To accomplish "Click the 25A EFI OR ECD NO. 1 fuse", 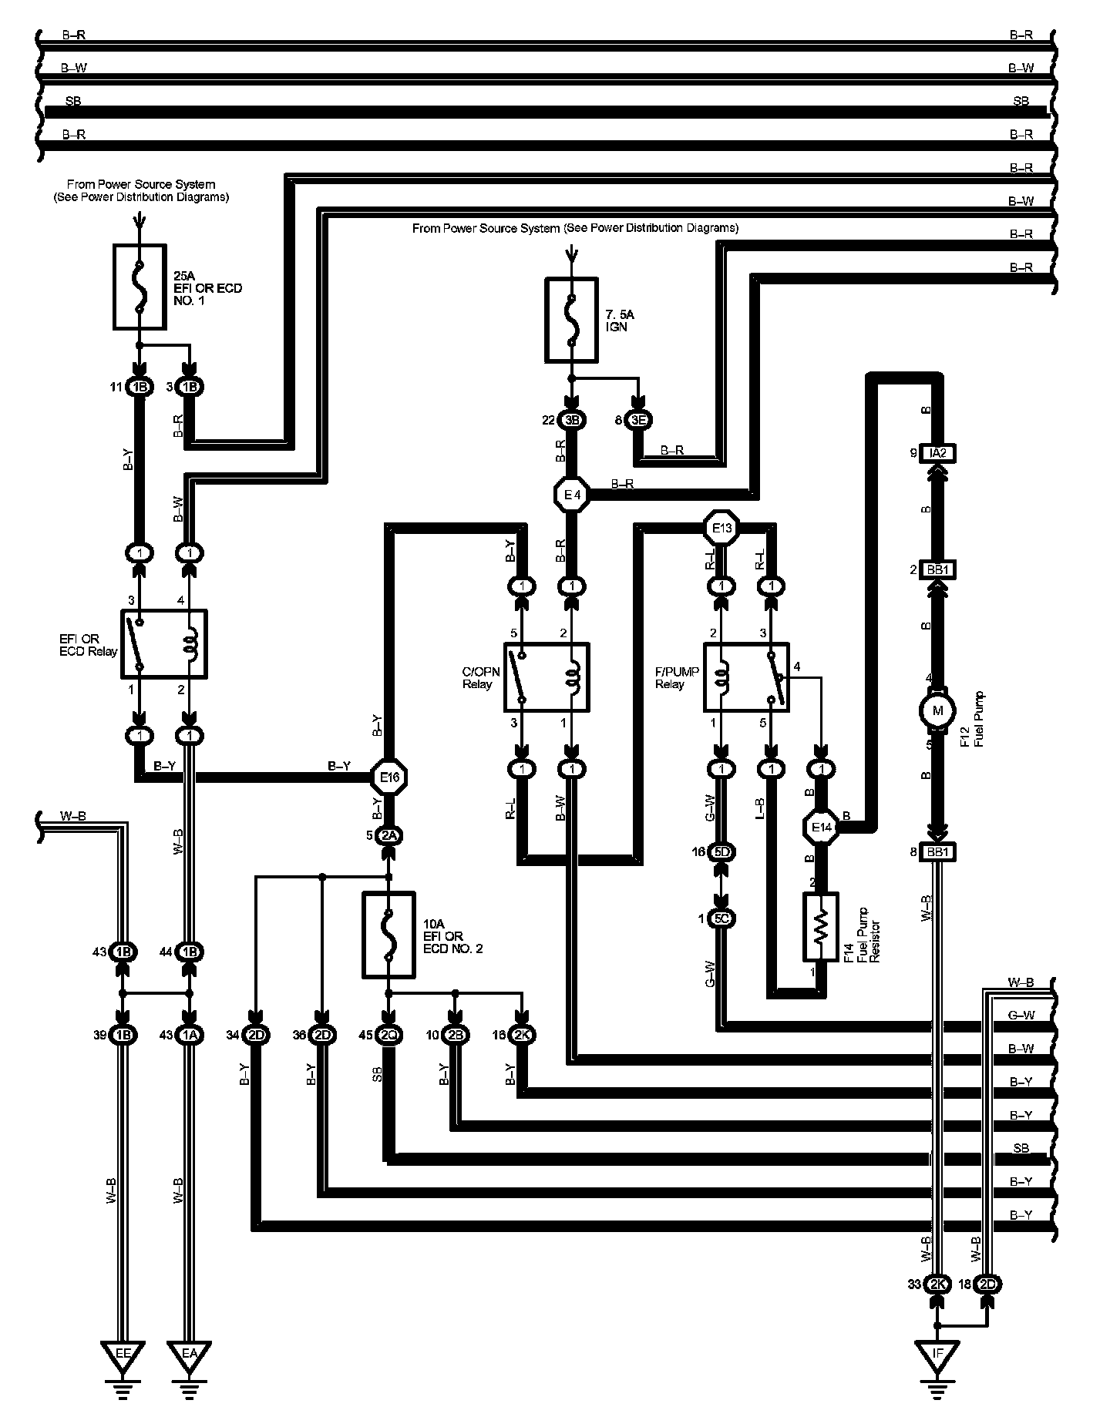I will pos(140,287).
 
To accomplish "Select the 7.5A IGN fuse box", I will pos(571,320).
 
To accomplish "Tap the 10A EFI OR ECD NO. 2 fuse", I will pos(388,935).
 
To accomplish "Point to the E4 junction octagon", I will pos(572,495).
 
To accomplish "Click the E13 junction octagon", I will pos(722,528).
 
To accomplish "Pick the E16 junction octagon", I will pos(389,777).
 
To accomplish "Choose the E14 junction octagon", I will pos(822,828).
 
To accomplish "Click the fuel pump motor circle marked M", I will pos(937,710).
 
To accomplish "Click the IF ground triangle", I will pos(937,1353).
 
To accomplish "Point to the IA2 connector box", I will pos(937,453).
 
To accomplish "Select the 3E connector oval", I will pos(638,420).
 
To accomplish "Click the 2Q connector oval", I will pos(388,1035).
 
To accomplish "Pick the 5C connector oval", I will pos(722,918).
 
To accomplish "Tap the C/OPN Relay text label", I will pos(480,678).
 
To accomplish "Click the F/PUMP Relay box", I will pos(746,677).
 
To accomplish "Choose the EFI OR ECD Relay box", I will pos(164,644).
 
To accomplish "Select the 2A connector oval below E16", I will pos(389,835).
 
